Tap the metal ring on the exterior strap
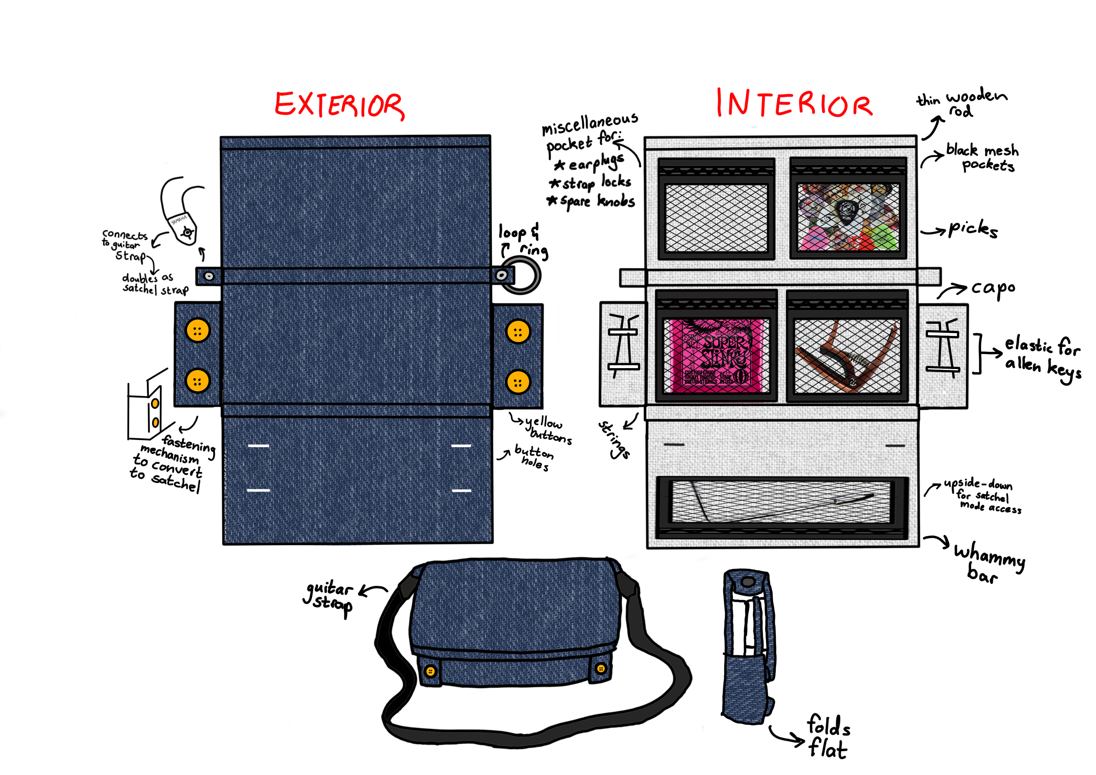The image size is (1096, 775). tap(521, 276)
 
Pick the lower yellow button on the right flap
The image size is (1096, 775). tap(518, 382)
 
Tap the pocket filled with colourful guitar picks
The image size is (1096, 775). tap(848, 217)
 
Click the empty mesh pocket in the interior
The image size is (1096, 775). tap(716, 217)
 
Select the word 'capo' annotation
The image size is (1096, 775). tap(993, 288)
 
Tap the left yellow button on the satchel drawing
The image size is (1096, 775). tap(430, 671)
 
